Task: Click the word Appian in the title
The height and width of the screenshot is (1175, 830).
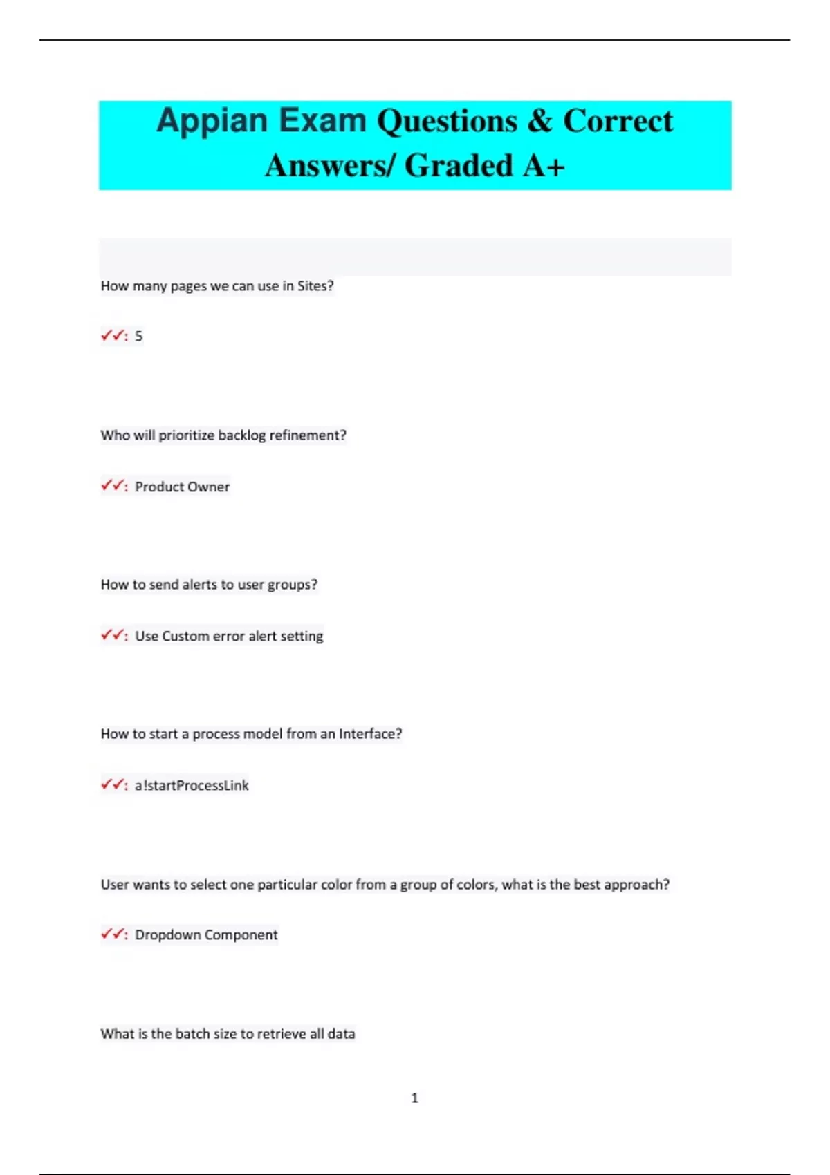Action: point(212,122)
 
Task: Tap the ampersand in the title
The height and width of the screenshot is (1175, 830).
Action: point(539,122)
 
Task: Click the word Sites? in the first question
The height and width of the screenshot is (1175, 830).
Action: point(315,286)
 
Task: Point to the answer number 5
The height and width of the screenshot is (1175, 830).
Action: point(138,337)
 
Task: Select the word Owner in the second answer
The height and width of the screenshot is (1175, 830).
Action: point(208,487)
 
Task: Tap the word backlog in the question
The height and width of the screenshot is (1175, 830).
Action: point(241,435)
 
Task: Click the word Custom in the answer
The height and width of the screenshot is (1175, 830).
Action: point(185,636)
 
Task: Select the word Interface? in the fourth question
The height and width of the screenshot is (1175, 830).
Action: point(370,734)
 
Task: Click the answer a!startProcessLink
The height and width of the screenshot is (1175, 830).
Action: point(192,785)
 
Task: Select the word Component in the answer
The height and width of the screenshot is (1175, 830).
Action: point(241,935)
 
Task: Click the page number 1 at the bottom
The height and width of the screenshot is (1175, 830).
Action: point(415,1098)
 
